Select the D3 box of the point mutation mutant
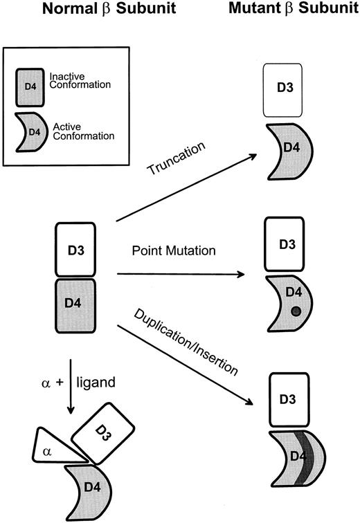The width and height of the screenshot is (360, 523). coord(284,244)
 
